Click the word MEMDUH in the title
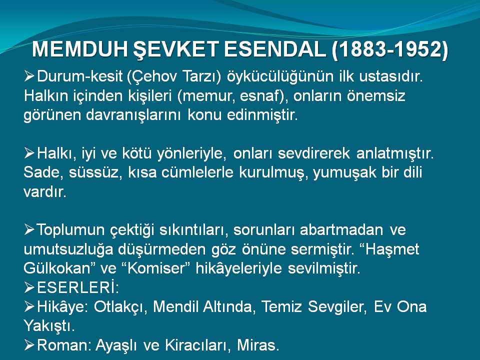(x=79, y=49)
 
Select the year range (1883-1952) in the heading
(x=390, y=49)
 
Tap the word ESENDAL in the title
(x=275, y=49)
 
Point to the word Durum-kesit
(x=79, y=76)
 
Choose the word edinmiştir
(x=262, y=115)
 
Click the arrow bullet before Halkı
(x=29, y=153)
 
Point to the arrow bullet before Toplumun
(x=29, y=229)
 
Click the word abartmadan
(x=341, y=230)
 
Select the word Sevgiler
(x=337, y=307)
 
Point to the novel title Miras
(x=258, y=345)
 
